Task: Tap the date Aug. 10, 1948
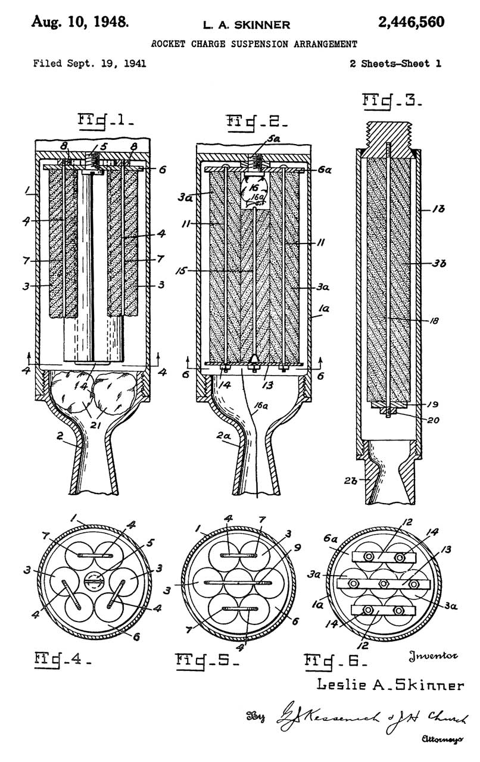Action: (x=78, y=23)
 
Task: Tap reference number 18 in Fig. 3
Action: (x=435, y=320)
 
